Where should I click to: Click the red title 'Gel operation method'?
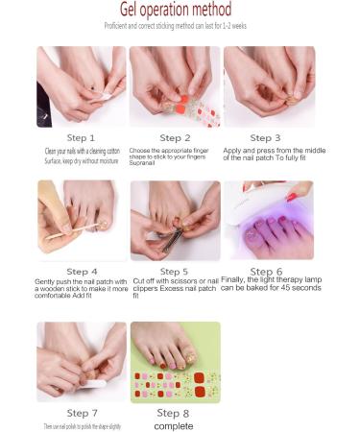point(180,10)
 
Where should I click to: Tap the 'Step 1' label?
point(82,138)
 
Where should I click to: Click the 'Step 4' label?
point(82,272)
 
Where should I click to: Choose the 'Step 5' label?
point(174,272)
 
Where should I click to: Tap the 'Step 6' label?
point(267,272)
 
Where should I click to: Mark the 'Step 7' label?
point(82,413)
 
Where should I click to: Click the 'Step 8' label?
point(175,413)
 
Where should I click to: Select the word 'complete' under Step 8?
point(175,425)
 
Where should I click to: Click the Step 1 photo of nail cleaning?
point(82,86)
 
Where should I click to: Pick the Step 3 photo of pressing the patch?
point(269,86)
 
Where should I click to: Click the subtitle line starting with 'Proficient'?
point(180,26)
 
